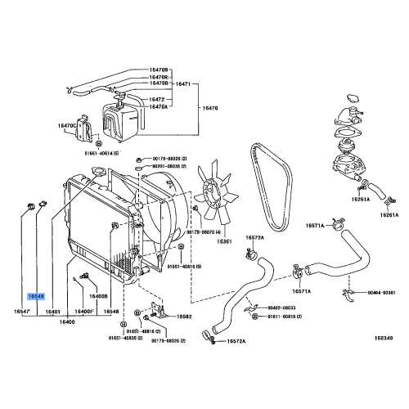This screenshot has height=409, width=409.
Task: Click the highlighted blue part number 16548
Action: pyautogui.click(x=36, y=297)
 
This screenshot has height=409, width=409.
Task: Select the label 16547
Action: pyautogui.click(x=21, y=312)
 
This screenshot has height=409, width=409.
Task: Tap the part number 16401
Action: pyautogui.click(x=54, y=312)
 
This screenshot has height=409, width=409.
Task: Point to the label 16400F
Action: pyautogui.click(x=85, y=312)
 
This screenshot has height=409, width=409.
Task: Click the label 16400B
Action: pyautogui.click(x=98, y=296)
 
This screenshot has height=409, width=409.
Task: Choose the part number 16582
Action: pyautogui.click(x=184, y=317)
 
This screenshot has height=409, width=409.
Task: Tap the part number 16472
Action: pyautogui.click(x=156, y=99)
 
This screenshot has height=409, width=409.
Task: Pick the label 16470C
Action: pyautogui.click(x=66, y=125)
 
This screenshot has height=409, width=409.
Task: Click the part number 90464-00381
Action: pyautogui.click(x=378, y=292)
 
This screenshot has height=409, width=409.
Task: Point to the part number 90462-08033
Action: pyautogui.click(x=280, y=308)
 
